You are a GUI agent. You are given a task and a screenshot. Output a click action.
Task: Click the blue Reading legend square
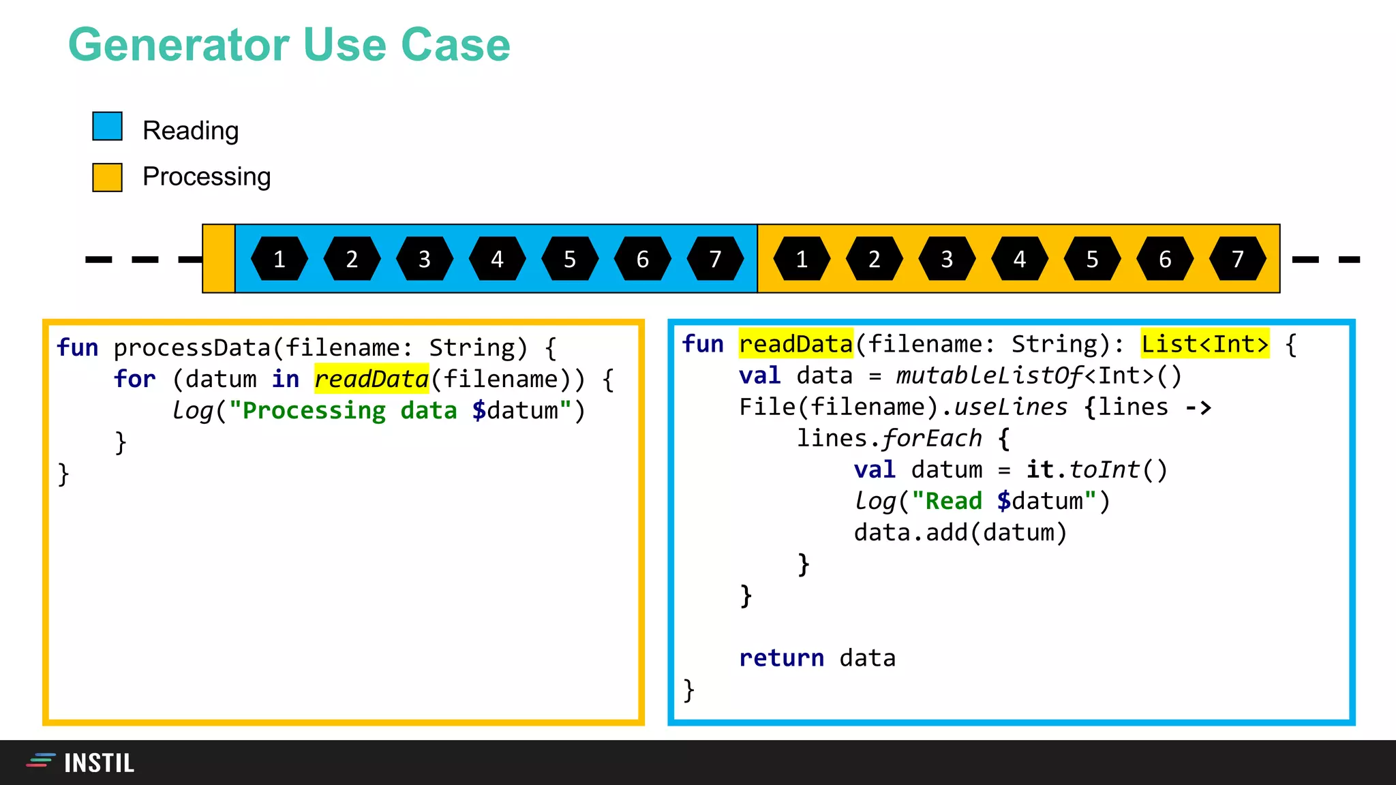(x=107, y=127)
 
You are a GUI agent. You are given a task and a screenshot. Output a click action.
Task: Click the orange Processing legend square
(x=107, y=177)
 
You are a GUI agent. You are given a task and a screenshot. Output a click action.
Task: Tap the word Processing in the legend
(x=207, y=176)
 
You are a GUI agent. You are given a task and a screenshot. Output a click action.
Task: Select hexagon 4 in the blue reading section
(x=497, y=259)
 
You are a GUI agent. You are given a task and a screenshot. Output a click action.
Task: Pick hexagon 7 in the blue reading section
(x=715, y=259)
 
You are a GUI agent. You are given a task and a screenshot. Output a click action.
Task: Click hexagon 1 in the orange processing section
(x=802, y=259)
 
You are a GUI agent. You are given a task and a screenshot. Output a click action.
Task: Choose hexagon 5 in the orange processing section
(x=1092, y=259)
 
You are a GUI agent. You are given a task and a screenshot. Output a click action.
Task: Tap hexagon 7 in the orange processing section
(x=1237, y=259)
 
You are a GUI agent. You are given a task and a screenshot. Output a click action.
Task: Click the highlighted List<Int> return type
(x=1204, y=344)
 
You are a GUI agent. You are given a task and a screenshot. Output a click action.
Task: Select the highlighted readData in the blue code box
(x=795, y=344)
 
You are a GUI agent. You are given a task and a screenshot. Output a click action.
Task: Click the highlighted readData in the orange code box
(x=371, y=379)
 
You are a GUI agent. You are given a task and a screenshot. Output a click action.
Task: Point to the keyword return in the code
(x=781, y=658)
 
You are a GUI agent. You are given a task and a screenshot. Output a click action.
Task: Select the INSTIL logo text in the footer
(x=99, y=763)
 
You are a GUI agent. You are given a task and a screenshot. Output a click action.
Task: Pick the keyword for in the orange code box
(x=134, y=379)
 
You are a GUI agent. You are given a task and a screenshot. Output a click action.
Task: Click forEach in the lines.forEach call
(x=932, y=438)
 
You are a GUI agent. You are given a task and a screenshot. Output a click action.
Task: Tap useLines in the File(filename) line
(x=1010, y=407)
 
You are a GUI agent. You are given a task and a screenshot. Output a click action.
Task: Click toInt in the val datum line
(x=1104, y=470)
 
